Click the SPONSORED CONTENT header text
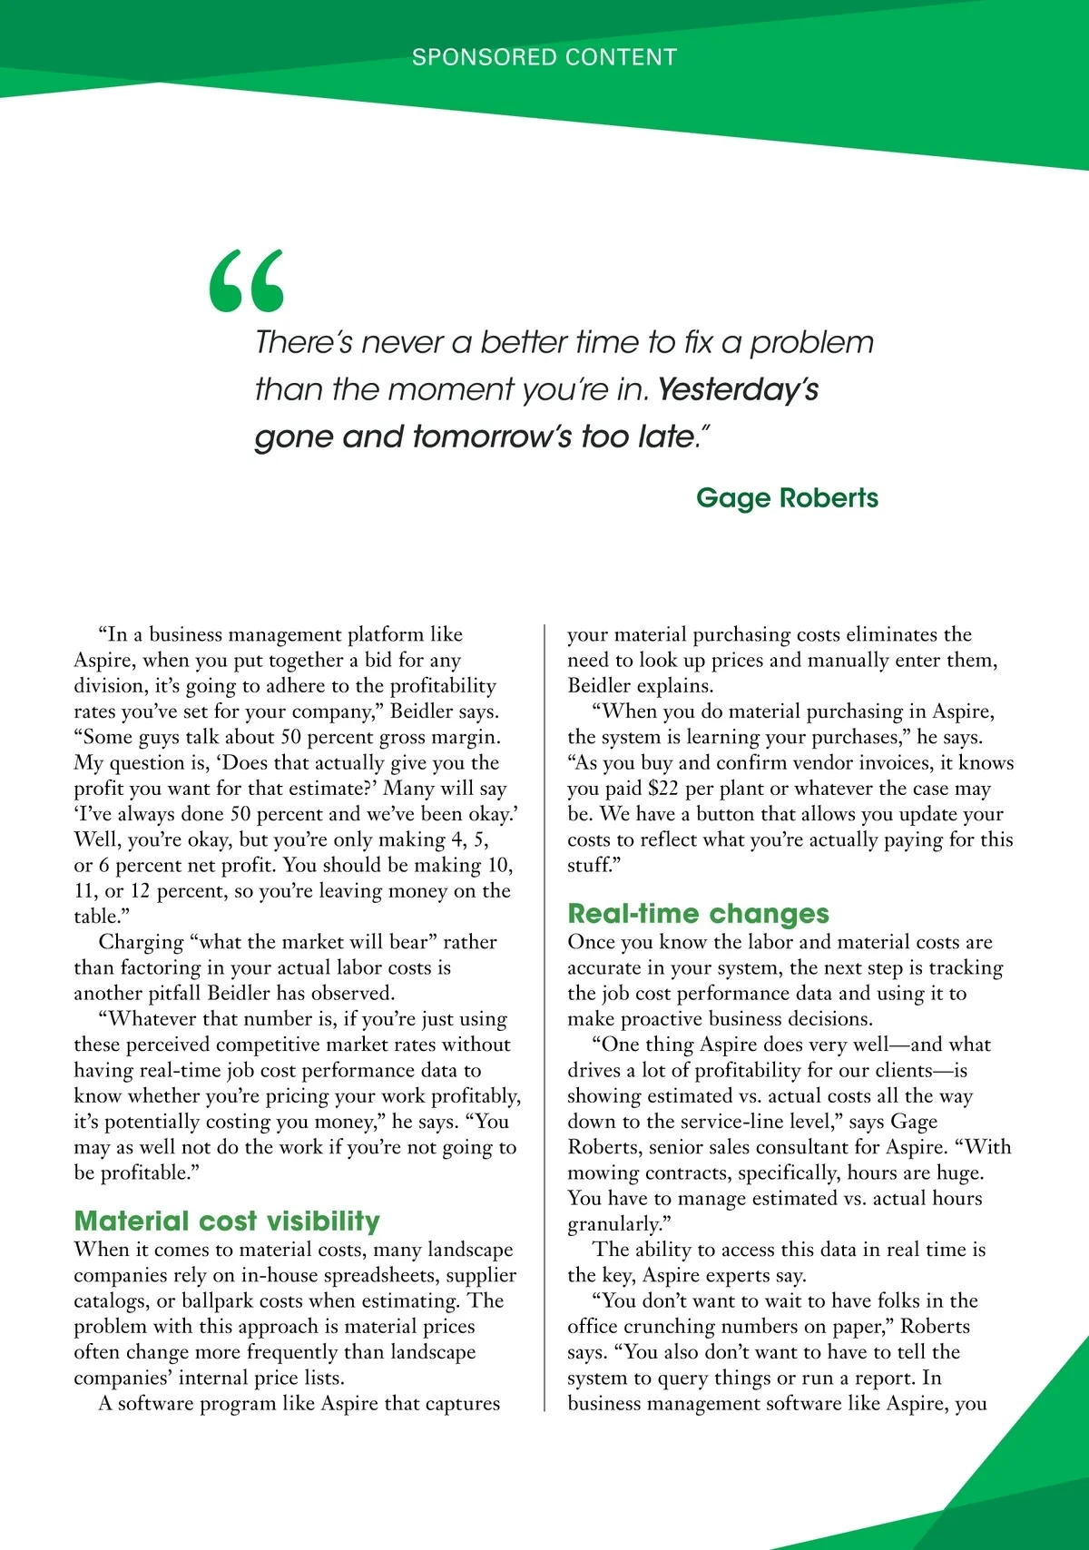coord(544,57)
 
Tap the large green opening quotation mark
coord(246,281)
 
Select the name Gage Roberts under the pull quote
coord(787,498)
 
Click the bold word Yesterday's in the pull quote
coord(738,389)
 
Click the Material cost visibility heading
coord(227,1221)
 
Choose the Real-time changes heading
coord(698,913)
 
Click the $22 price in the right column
coord(663,789)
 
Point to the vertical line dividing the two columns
coord(544,1016)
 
